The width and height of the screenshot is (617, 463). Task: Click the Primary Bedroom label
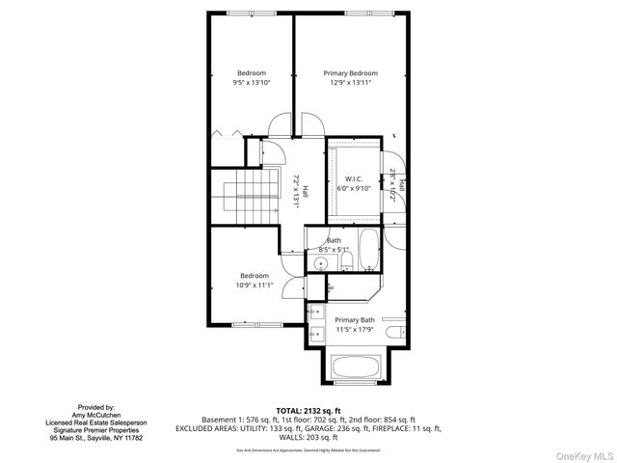pyautogui.click(x=350, y=73)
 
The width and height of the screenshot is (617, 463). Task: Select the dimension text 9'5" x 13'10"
pyautogui.click(x=252, y=83)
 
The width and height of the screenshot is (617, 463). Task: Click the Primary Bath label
pyautogui.click(x=354, y=320)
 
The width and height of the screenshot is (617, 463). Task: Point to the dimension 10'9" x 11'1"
pyautogui.click(x=255, y=285)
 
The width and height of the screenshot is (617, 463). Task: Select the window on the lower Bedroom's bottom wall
pyautogui.click(x=257, y=325)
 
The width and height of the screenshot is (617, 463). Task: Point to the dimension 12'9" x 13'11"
pyautogui.click(x=350, y=83)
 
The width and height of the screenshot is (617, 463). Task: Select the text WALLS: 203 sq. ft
pyautogui.click(x=308, y=436)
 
